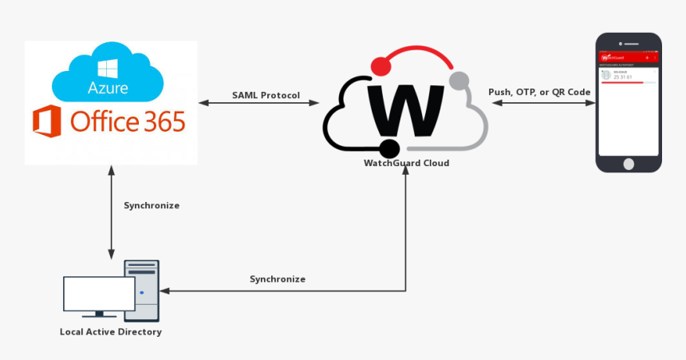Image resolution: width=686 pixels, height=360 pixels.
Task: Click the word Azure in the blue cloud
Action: [108, 87]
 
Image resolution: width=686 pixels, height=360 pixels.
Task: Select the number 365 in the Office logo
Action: [160, 121]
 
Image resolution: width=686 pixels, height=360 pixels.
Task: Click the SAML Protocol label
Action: [266, 95]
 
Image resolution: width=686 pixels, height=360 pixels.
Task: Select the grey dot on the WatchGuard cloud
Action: [459, 80]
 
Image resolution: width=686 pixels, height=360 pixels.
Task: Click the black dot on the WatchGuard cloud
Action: [389, 148]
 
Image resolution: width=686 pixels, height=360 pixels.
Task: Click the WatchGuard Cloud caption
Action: [406, 163]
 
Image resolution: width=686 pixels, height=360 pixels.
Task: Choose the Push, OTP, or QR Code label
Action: [539, 92]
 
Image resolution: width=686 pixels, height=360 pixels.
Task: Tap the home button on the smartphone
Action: [629, 163]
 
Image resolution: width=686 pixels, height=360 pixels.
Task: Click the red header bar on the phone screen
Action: [629, 57]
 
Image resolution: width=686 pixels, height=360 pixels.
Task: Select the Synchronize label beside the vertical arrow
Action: [152, 205]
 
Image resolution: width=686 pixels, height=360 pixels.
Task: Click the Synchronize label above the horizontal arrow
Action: [278, 279]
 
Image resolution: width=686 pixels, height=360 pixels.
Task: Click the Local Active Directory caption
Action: [111, 331]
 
